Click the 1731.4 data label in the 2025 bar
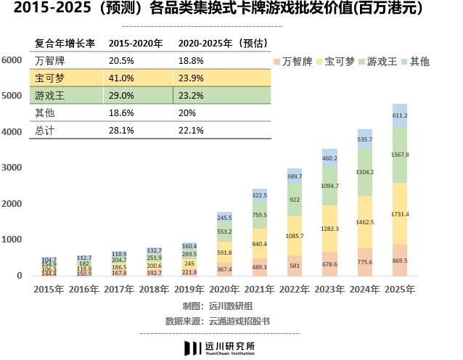tap(399, 214)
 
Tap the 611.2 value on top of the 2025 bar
tap(399, 115)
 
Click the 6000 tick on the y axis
tap(12, 60)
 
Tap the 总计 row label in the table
tap(45, 131)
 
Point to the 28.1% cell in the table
tap(121, 131)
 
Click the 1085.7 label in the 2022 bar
tap(295, 236)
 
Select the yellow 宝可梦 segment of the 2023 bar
tap(329, 229)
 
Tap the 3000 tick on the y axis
tap(12, 168)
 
